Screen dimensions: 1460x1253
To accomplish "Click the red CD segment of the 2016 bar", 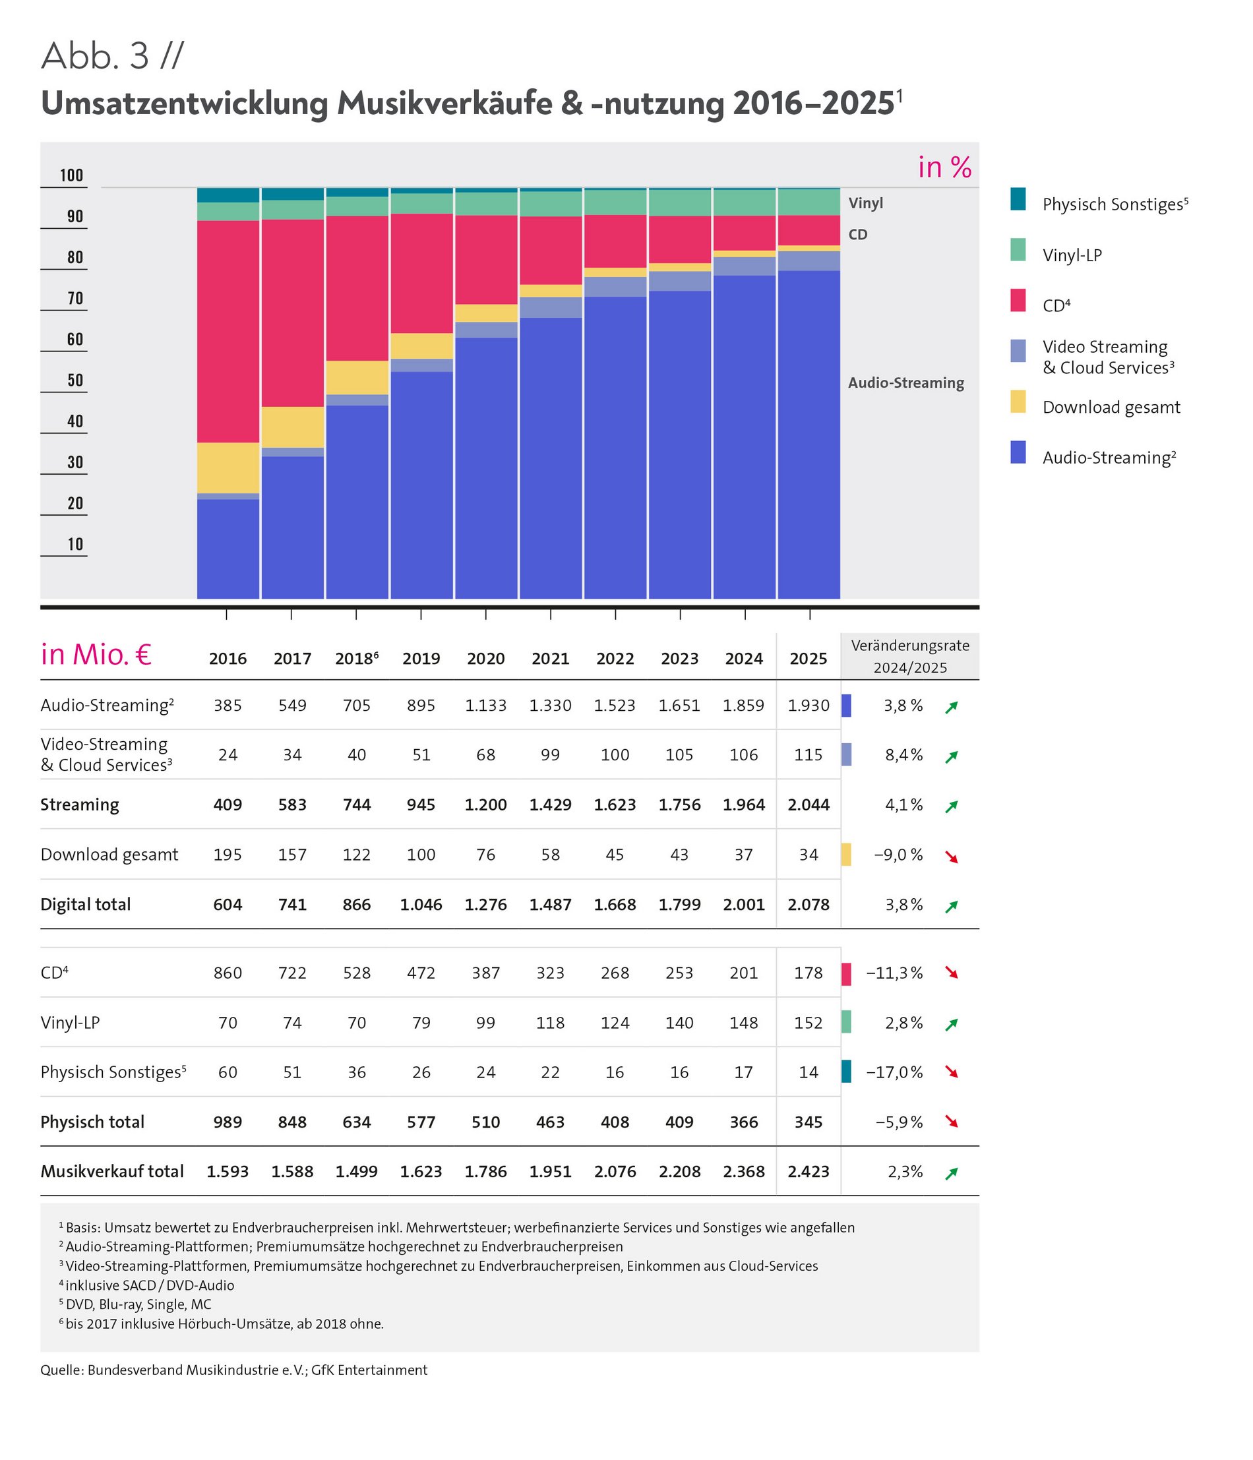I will [228, 331].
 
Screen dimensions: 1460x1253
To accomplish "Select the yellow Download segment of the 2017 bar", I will [292, 427].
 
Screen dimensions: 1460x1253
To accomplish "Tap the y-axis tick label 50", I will [75, 380].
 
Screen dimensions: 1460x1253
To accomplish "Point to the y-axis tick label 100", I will [71, 175].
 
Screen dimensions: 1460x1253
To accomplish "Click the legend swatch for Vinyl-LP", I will [1018, 250].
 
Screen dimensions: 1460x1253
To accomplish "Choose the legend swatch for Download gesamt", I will [1018, 402].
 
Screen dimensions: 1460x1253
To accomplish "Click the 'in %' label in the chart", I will [944, 167].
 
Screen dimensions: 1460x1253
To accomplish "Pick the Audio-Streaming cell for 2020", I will [485, 706].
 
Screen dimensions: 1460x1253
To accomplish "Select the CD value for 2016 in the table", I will [228, 973].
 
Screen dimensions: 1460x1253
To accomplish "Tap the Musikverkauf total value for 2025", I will [809, 1171].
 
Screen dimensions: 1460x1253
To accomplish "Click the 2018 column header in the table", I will [357, 658].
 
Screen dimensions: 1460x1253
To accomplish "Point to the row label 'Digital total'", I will [85, 904].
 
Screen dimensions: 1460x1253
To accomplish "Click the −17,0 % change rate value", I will [894, 1072].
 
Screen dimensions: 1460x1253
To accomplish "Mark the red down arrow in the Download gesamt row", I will [952, 857].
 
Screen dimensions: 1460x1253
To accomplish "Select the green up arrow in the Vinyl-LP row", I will [952, 1024].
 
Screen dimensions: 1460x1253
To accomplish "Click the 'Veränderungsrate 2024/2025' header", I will [910, 656].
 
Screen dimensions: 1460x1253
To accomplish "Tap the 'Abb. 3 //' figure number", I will [113, 56].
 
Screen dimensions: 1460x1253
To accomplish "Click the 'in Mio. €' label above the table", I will [96, 655].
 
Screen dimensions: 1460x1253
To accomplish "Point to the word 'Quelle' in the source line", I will [60, 1370].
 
